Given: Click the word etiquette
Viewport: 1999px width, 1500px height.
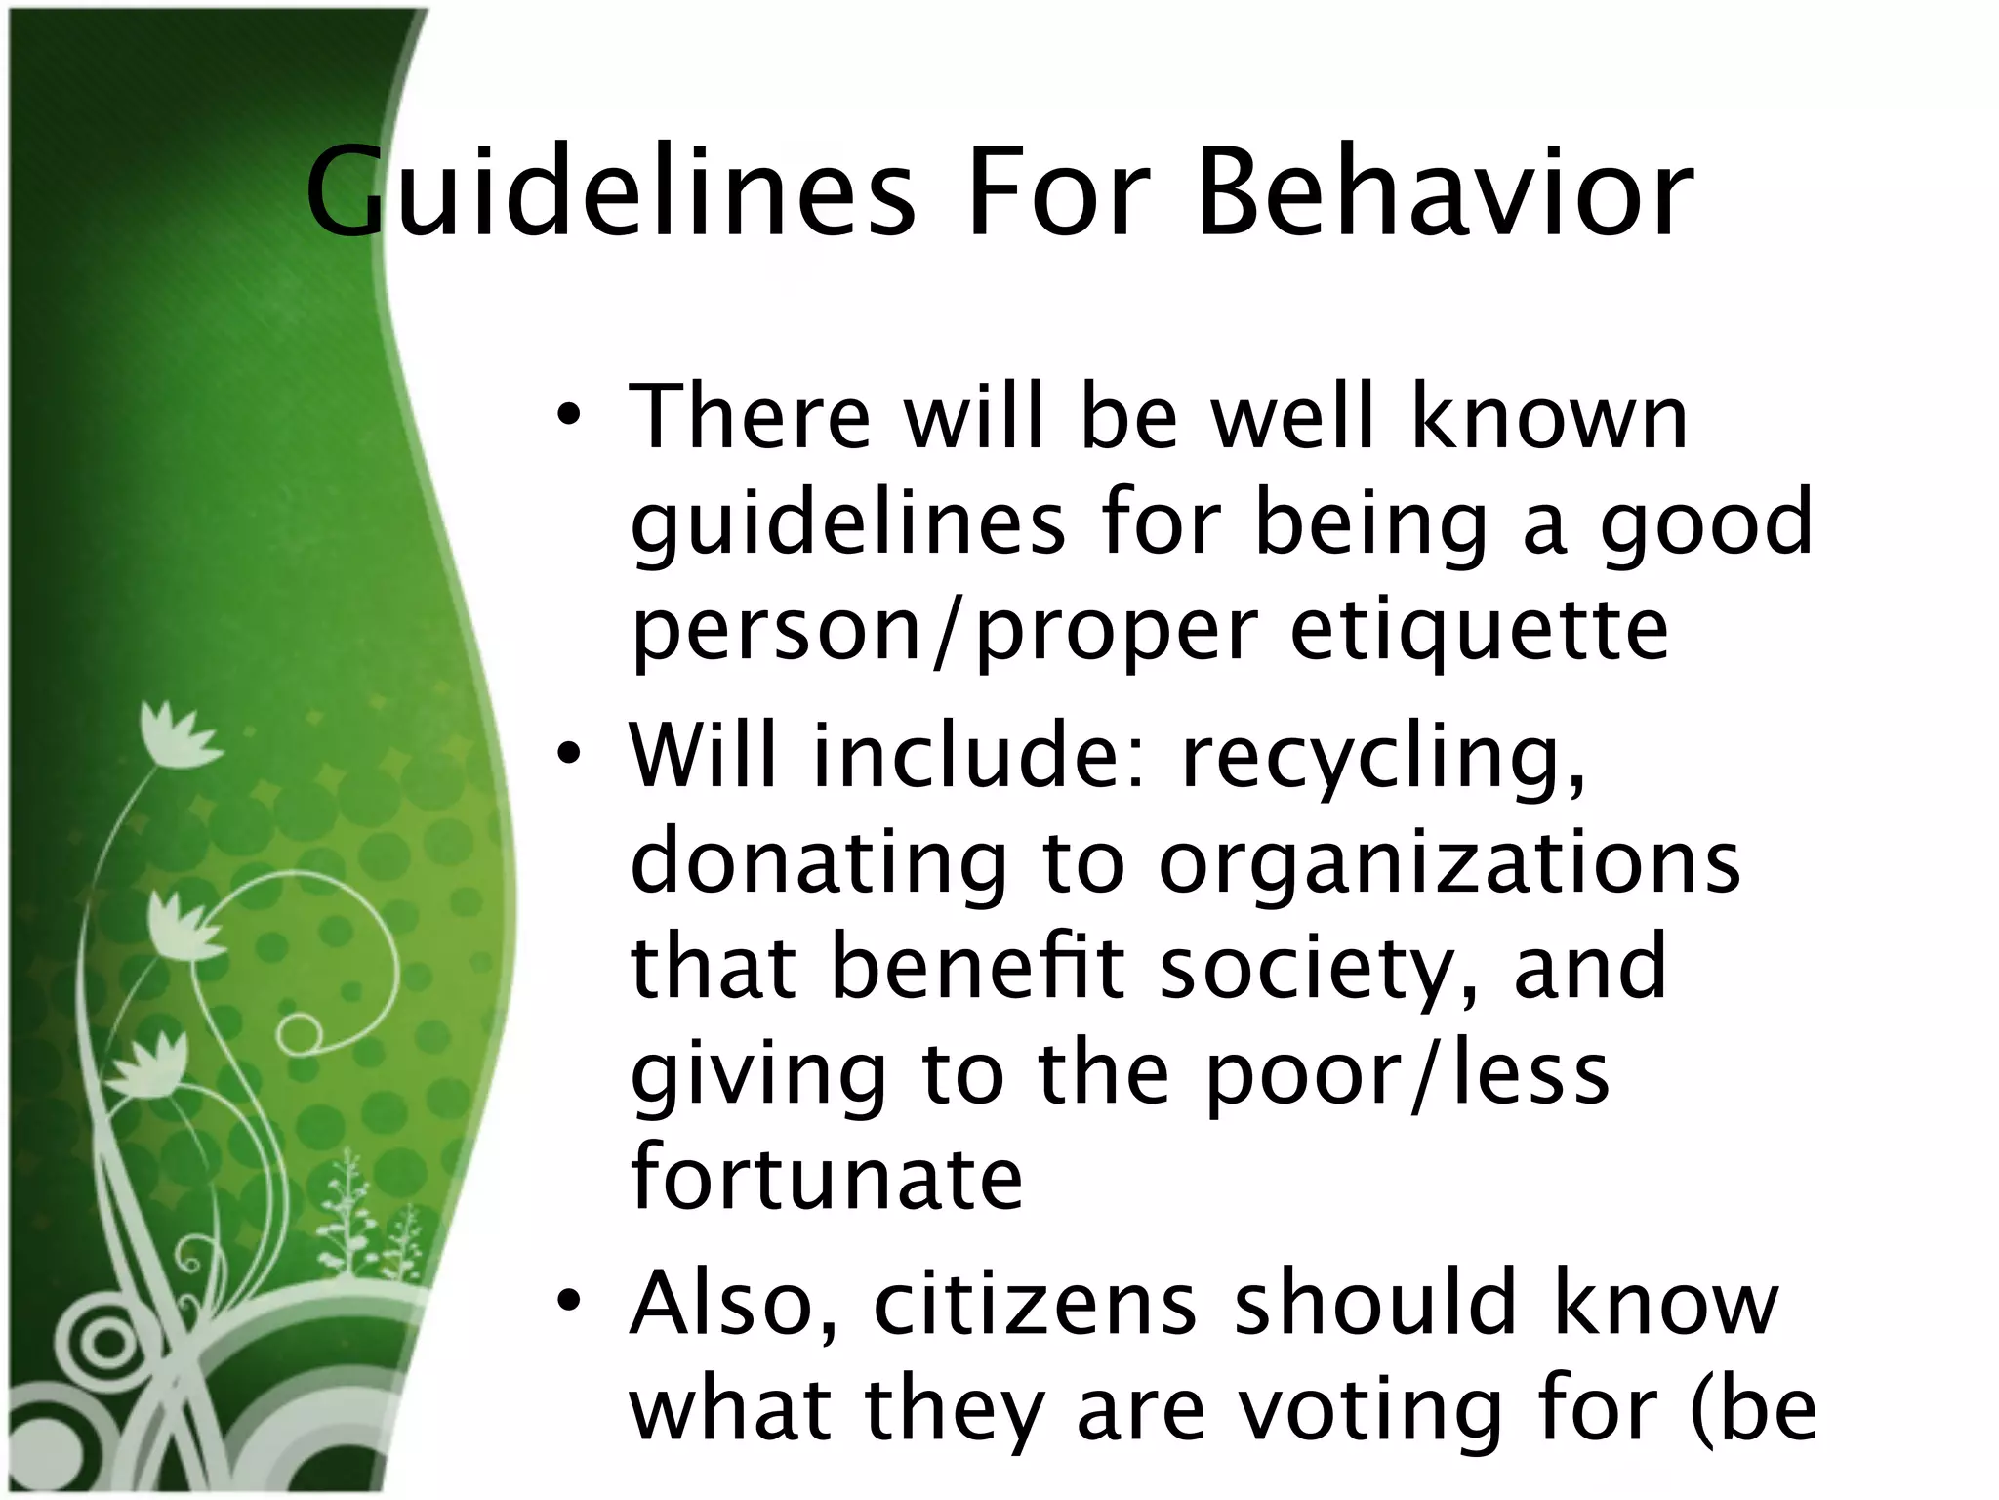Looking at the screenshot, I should click(1478, 631).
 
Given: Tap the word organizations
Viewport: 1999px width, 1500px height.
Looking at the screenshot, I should click(1448, 865).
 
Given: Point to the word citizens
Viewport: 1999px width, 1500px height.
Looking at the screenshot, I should click(1034, 1304).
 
